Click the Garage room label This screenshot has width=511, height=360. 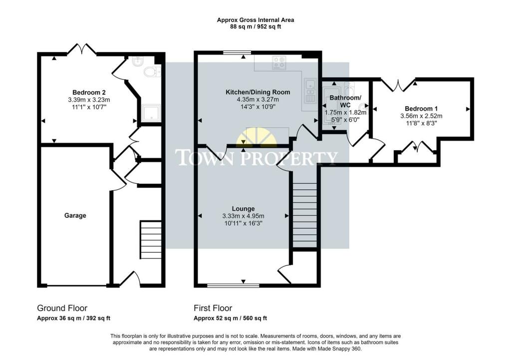point(75,216)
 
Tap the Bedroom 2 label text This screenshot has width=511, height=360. point(89,92)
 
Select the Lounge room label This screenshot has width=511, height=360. point(243,209)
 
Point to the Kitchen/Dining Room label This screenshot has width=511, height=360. point(257,92)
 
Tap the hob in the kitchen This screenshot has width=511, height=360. point(278,63)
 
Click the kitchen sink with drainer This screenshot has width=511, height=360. point(310,90)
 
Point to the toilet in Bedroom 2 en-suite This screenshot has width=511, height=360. point(150,73)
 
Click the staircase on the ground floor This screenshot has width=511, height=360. point(150,240)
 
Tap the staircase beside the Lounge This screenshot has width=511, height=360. point(304,215)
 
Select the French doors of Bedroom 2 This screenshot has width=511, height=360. point(82,49)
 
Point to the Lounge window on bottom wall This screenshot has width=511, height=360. point(233,286)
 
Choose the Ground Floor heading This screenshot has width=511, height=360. point(62,308)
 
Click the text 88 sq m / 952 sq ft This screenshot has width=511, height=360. point(255,27)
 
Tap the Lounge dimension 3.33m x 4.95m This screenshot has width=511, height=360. point(243,216)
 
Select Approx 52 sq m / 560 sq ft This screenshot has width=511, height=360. point(230,318)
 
